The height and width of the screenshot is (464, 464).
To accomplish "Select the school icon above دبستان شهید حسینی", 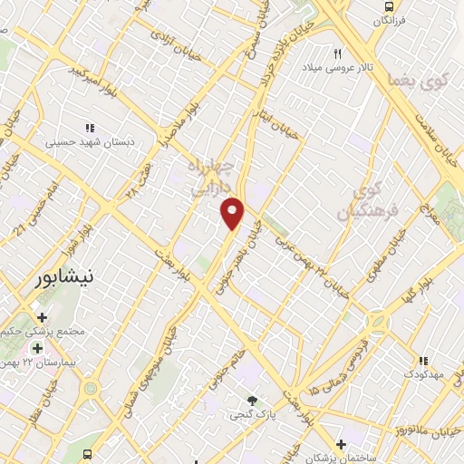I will pyautogui.click(x=89, y=129).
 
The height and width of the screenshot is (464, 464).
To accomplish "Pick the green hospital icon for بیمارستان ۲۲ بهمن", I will pyautogui.click(x=37, y=348).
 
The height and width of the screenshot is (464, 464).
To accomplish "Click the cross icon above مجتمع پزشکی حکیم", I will pyautogui.click(x=42, y=316).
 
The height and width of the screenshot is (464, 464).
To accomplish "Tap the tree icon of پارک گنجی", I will pyautogui.click(x=252, y=400).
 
